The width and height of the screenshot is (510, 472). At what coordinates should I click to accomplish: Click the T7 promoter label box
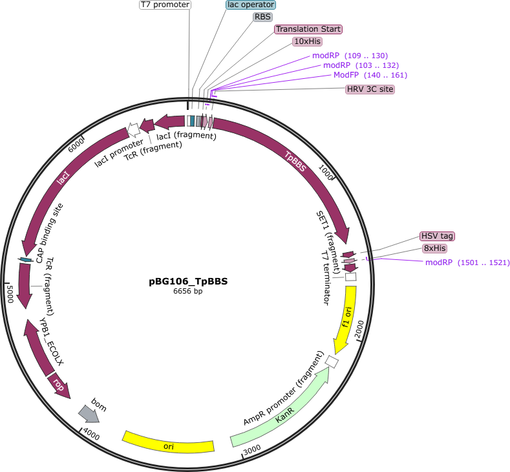[165, 5]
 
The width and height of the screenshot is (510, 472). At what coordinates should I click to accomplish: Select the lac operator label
[250, 5]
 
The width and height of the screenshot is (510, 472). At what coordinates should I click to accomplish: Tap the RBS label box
[262, 17]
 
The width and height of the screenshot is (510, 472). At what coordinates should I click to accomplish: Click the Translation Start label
[308, 29]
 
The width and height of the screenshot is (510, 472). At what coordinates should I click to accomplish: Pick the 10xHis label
[308, 41]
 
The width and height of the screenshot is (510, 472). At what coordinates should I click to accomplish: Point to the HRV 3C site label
[370, 89]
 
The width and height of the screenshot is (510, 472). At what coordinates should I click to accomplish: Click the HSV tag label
[437, 236]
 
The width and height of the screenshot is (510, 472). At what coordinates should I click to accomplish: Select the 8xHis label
[435, 248]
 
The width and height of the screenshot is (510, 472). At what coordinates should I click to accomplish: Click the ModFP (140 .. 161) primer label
[370, 75]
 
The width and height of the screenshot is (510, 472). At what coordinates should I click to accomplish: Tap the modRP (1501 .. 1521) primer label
[467, 263]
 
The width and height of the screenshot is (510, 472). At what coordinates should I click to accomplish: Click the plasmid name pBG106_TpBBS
[188, 281]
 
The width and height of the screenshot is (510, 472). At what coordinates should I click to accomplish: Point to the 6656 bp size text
[187, 291]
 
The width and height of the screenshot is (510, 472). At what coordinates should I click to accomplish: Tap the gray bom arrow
[89, 414]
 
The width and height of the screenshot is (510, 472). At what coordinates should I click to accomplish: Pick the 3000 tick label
[251, 450]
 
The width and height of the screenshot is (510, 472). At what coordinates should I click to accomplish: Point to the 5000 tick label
[10, 294]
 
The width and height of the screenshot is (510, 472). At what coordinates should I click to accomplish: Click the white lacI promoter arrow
[133, 129]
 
